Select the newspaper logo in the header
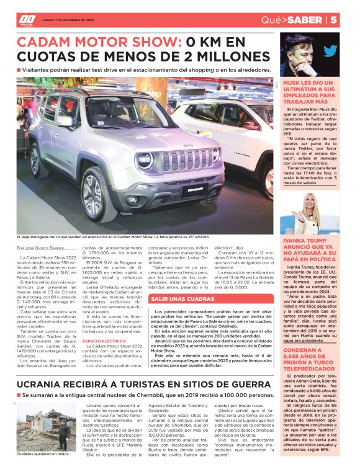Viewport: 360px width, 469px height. pos(27,19)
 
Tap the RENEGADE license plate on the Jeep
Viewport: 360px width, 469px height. pos(191,193)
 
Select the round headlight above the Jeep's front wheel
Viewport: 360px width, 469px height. pos(145,160)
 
